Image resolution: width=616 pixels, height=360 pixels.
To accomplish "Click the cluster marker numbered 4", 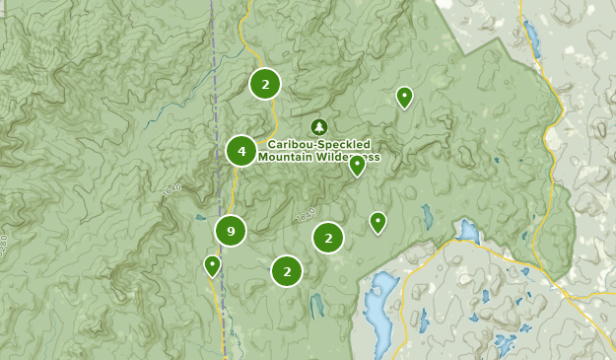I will click(241, 151).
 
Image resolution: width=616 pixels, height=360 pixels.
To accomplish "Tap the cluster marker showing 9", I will click(231, 232).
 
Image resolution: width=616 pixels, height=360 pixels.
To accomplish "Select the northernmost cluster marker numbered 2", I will click(265, 84).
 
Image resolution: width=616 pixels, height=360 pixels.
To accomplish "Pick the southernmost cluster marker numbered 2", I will click(287, 270).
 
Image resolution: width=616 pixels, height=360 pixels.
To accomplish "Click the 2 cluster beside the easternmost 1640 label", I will click(328, 237).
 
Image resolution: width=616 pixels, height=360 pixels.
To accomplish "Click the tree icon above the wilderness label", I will click(318, 126).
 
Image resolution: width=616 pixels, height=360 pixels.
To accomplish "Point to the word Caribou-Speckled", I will click(318, 143).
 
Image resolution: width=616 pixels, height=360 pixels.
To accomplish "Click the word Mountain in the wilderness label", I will click(286, 156).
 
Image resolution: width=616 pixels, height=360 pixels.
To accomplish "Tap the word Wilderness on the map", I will click(348, 156).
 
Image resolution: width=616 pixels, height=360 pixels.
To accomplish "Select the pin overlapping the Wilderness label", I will click(357, 165).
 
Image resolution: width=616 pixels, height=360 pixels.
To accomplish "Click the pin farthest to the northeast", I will click(404, 97).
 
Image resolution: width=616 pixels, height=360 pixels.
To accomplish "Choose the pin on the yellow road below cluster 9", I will click(212, 265).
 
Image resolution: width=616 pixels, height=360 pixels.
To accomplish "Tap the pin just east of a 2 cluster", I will click(377, 222).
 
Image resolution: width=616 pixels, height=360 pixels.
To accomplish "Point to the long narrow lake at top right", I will click(533, 39).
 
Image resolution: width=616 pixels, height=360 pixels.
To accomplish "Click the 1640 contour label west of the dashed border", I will click(173, 188).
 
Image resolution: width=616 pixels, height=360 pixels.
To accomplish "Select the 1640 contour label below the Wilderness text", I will click(306, 214).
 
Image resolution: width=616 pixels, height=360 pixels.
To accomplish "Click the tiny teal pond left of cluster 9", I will click(200, 218).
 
